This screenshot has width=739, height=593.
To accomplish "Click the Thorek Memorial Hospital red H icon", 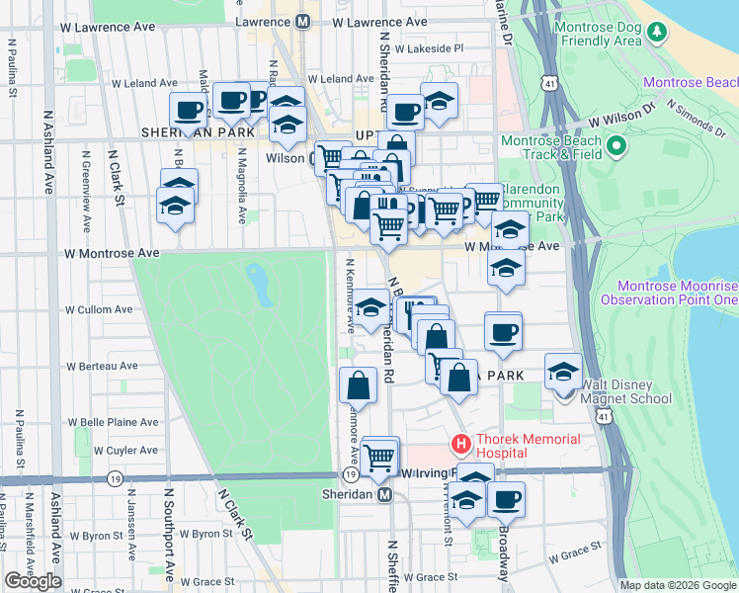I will point(460,443).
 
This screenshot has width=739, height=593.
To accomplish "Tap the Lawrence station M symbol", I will point(302,21).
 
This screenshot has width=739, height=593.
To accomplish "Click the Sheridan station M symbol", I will point(385,494).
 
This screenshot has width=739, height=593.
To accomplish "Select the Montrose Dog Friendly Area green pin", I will point(657,34).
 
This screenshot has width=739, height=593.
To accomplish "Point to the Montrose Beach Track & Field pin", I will point(617,147).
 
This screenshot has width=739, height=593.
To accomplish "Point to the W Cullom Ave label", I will point(97,309).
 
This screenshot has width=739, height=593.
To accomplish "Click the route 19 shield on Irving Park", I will point(117,478).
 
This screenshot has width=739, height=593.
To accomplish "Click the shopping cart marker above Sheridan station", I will point(379,456).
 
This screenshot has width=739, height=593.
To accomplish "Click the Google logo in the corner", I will point(33,581).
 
